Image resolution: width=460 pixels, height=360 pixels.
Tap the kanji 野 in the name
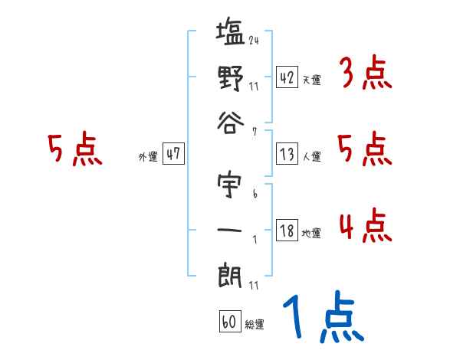230,78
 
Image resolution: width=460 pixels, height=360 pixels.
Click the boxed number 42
287,77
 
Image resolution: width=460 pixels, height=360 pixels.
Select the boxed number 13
287,153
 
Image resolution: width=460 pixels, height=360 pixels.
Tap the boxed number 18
287,231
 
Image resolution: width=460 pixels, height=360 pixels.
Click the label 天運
312,80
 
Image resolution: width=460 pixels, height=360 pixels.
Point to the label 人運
312,155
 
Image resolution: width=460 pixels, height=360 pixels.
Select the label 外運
148,155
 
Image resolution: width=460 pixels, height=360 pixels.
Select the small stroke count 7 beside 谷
254,131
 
